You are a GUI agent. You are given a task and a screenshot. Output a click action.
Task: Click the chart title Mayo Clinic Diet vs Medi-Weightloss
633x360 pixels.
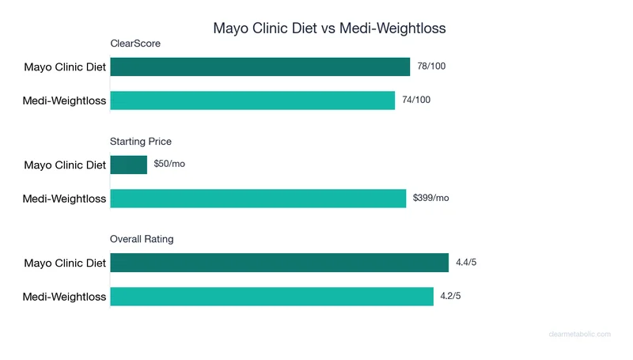pos(329,28)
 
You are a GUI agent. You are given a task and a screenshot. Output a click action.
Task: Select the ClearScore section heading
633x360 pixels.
pos(135,44)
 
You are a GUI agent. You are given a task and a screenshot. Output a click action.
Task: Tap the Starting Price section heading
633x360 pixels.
pos(141,142)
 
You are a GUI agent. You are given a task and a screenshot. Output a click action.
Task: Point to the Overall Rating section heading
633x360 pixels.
pos(142,239)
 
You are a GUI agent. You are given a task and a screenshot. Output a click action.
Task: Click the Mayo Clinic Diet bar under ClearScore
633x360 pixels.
pos(260,67)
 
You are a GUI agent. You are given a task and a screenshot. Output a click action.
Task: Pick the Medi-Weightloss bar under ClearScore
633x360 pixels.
pos(252,100)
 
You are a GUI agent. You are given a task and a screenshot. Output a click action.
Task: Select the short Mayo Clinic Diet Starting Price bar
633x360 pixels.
pos(128,165)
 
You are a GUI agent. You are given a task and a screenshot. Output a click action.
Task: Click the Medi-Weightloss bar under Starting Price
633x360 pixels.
pos(258,199)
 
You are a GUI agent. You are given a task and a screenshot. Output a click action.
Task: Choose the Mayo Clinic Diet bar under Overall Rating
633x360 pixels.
pos(279,263)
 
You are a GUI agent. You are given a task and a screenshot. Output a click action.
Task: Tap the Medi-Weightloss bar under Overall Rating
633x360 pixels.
pos(271,297)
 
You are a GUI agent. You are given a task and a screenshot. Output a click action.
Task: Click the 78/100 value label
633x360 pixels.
pos(432,66)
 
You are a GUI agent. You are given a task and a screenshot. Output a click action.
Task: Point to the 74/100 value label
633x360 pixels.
pos(417,100)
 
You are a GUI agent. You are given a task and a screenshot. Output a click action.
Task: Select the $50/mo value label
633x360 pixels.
pos(169,165)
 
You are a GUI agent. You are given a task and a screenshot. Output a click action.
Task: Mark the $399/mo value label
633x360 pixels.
pos(431,199)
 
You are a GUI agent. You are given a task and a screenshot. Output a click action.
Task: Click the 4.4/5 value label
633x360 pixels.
pos(467,263)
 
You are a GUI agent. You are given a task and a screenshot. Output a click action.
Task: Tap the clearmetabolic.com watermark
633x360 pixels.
pos(579,335)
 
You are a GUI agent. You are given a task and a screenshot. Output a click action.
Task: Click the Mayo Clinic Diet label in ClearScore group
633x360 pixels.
pos(65,67)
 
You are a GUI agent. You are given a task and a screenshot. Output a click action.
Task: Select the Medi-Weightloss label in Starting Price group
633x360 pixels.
pos(64,199)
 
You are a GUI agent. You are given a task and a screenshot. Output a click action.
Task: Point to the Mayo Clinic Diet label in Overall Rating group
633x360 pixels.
pos(65,263)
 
